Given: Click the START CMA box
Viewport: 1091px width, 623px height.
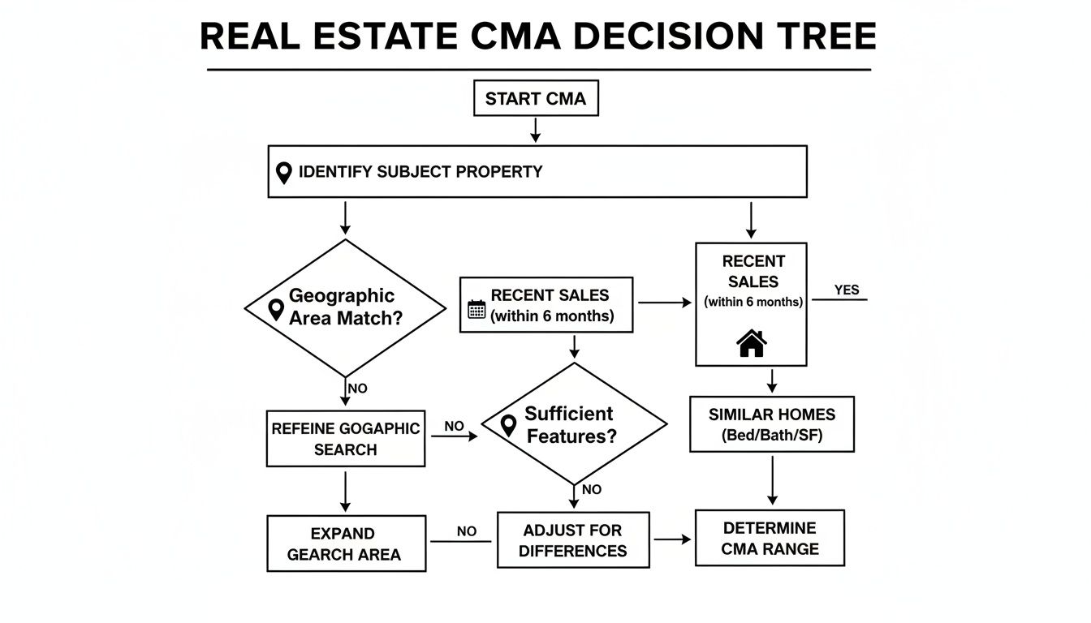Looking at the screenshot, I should click(x=536, y=99).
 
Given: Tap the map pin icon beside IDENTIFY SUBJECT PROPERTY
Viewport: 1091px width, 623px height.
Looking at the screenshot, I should click(x=283, y=173).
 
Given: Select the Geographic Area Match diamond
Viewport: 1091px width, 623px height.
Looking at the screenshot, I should click(x=345, y=307).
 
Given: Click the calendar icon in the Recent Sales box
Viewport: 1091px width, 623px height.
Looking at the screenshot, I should click(x=477, y=309).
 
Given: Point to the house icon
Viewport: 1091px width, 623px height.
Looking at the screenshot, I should click(x=751, y=343).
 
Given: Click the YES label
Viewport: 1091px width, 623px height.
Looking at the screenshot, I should click(x=846, y=290).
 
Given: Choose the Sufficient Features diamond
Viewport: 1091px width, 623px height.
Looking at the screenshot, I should click(x=574, y=424).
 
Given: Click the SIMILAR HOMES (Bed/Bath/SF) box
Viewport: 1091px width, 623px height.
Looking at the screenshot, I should click(x=771, y=424).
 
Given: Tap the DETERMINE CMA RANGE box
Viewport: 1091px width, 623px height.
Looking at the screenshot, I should click(x=770, y=538).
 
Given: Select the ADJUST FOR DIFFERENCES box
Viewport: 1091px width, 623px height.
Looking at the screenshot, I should click(x=573, y=540).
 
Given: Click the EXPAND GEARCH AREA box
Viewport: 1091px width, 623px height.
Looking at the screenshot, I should click(x=346, y=544).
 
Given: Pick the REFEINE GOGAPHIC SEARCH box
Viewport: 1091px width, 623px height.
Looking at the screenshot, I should click(x=346, y=439).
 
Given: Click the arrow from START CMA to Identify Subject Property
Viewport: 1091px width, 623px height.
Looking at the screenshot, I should click(x=536, y=130).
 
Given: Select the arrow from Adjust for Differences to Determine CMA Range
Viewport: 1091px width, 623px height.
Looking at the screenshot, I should click(x=672, y=539).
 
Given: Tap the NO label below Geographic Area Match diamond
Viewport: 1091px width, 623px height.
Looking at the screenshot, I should click(x=357, y=389).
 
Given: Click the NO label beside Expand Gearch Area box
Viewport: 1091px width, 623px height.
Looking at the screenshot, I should click(x=466, y=531).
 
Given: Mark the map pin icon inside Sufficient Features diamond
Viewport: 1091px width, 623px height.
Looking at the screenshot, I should click(x=509, y=425).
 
